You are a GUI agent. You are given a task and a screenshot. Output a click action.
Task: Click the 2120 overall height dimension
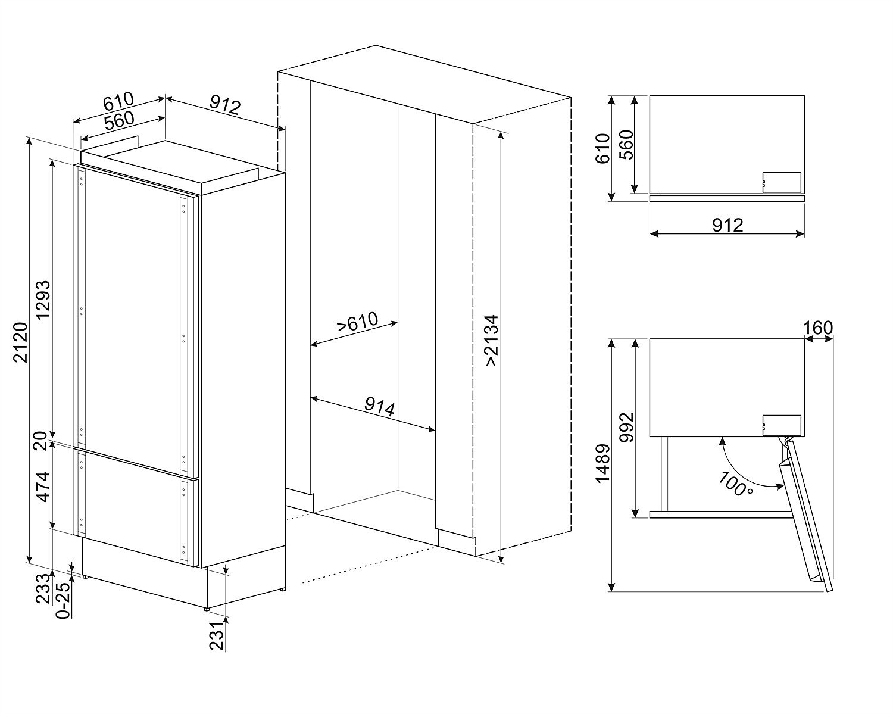click(21, 342)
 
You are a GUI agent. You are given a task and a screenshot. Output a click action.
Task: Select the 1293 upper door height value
click(43, 300)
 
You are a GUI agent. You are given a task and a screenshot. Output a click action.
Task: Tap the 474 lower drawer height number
click(43, 487)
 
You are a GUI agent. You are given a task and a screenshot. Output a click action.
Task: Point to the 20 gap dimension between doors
click(40, 441)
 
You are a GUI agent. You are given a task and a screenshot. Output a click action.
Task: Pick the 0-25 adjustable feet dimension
click(64, 601)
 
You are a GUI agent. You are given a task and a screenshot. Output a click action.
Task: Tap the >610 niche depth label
click(357, 322)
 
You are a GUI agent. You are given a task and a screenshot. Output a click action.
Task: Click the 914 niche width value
click(380, 408)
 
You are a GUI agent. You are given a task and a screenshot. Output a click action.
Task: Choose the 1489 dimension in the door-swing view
click(602, 464)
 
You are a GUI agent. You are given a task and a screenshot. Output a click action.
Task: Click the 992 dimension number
click(627, 427)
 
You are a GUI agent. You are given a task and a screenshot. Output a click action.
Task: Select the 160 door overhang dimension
click(819, 328)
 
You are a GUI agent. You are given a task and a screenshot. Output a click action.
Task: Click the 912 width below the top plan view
click(728, 226)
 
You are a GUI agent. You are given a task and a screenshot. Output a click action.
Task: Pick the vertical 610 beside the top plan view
click(602, 148)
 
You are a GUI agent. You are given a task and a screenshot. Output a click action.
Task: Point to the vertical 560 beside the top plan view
click(627, 145)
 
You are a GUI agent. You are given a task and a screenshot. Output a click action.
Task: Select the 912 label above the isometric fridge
click(225, 105)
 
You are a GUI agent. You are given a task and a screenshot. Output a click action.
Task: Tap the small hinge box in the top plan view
click(781, 182)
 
